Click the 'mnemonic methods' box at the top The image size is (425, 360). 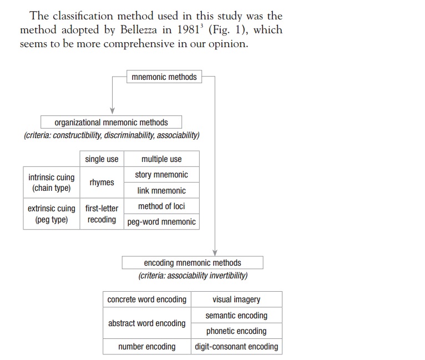[164, 77]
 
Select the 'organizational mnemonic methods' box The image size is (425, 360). [111, 122]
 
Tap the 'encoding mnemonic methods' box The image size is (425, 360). [193, 262]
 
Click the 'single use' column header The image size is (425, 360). [102, 159]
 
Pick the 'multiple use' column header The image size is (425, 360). [161, 159]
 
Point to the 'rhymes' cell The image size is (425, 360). [102, 182]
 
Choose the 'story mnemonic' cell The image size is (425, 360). [161, 175]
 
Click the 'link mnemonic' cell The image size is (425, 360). [161, 190]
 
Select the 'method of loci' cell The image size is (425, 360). [161, 206]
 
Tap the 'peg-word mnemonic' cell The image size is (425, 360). [161, 222]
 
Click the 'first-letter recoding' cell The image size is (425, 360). [102, 214]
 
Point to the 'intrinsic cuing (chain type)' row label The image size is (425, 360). [51, 182]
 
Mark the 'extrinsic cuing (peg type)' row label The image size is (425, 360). [51, 214]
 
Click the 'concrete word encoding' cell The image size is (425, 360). [147, 300]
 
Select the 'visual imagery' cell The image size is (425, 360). [236, 300]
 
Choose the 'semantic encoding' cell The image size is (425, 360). [236, 316]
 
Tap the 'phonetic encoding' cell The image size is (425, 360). [236, 331]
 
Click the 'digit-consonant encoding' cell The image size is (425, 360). [236, 347]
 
